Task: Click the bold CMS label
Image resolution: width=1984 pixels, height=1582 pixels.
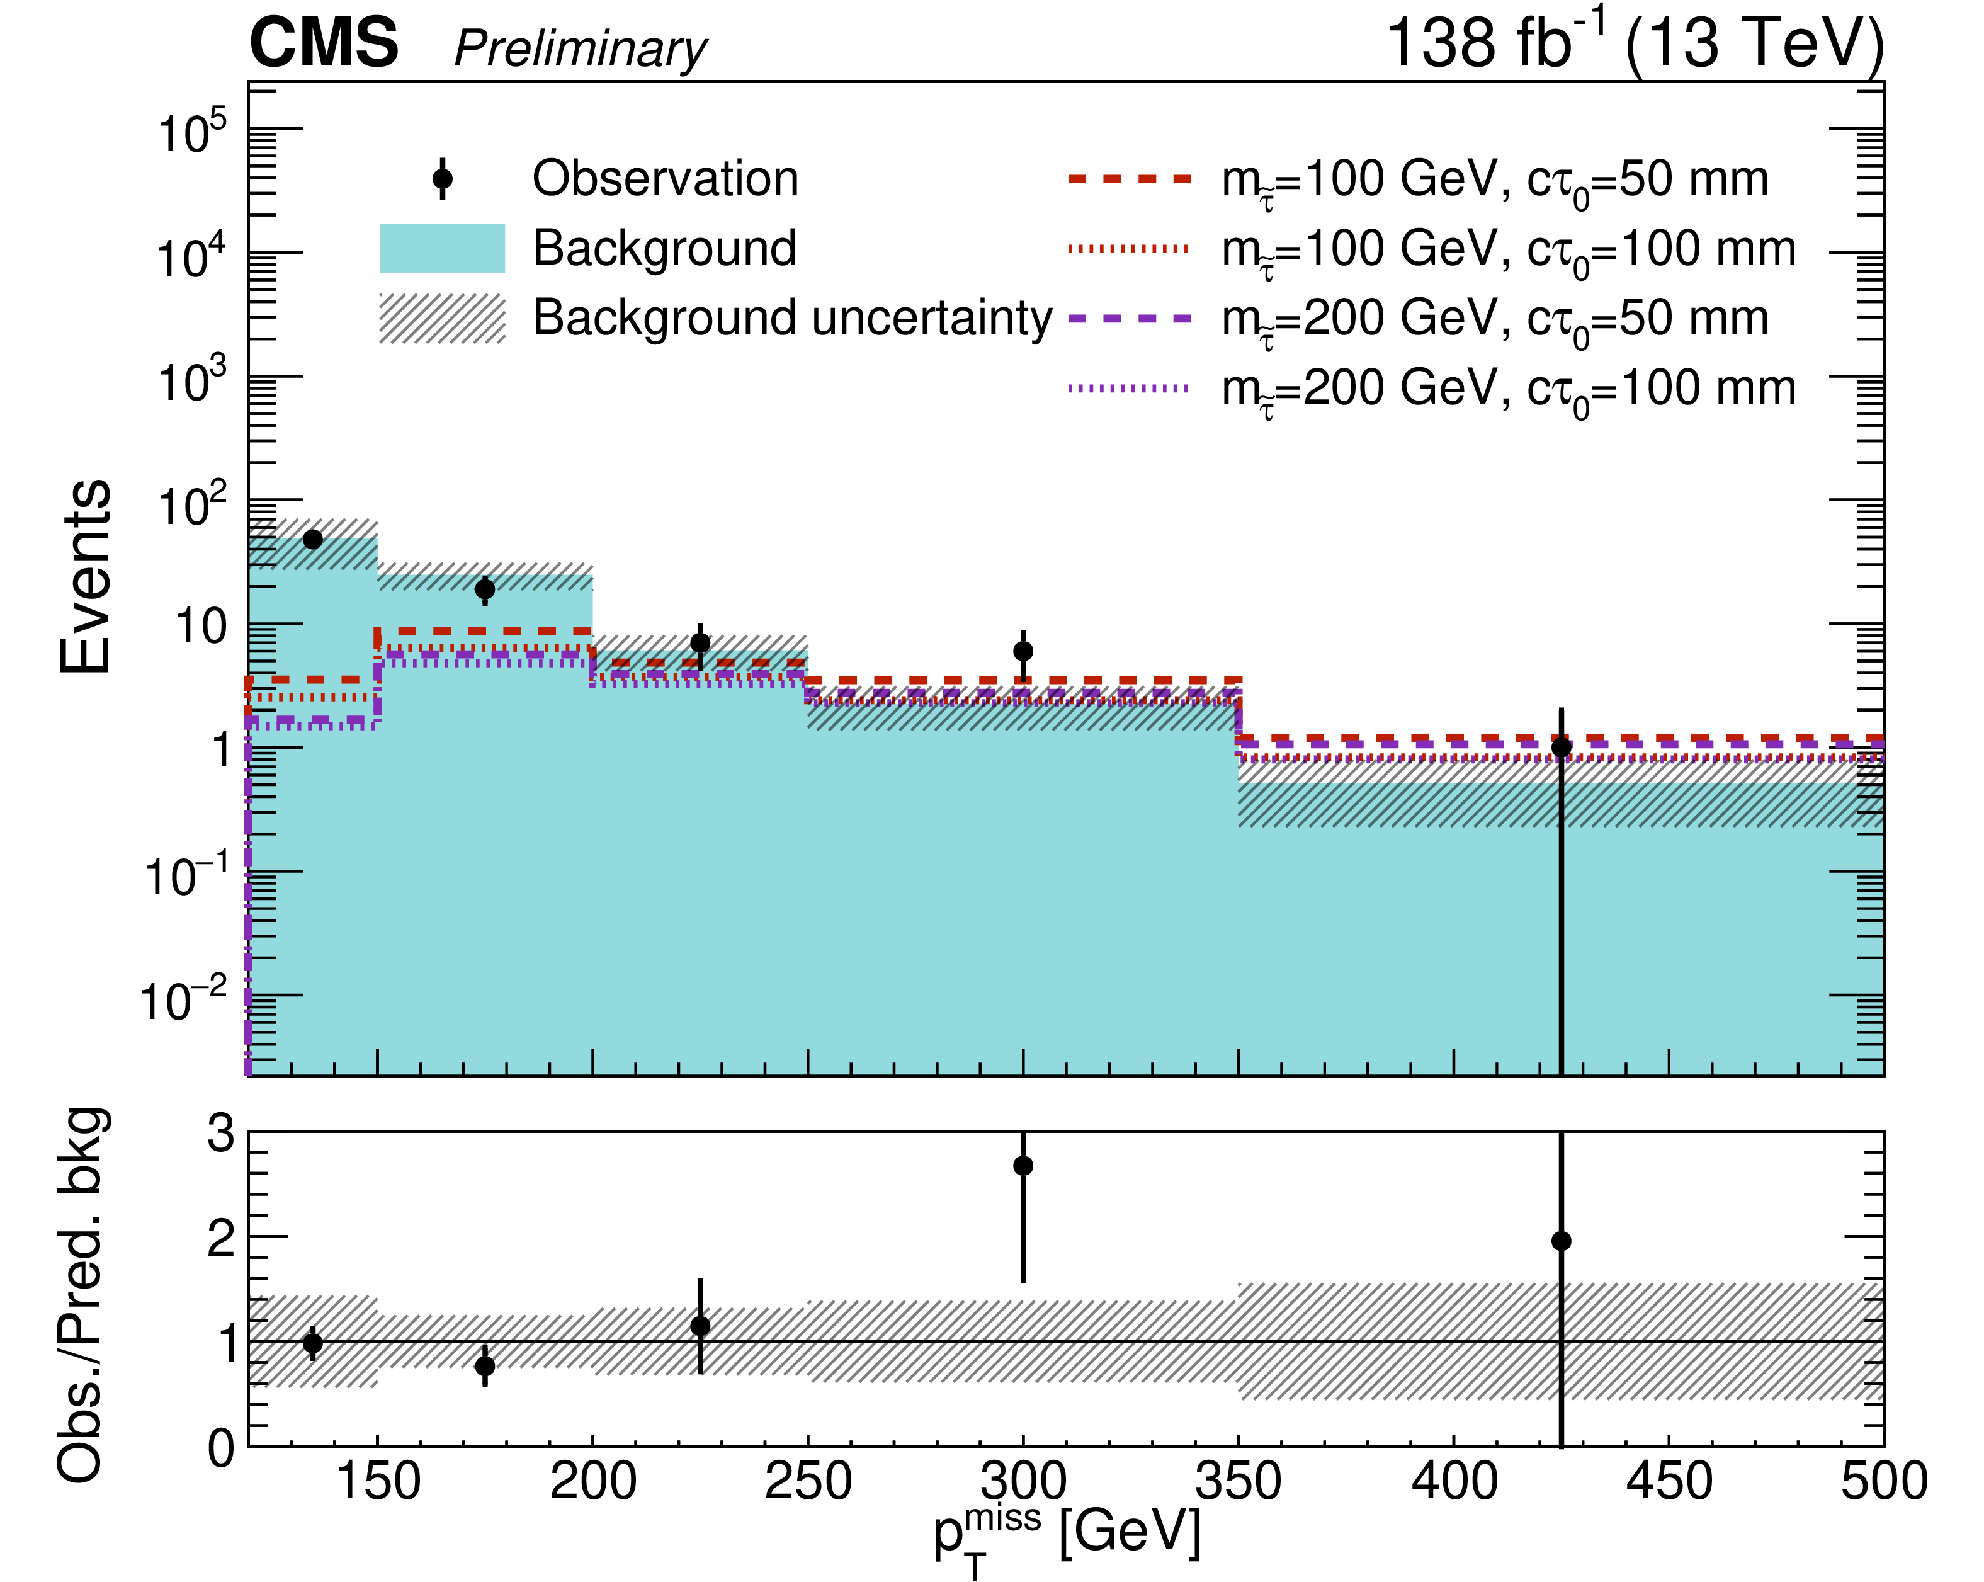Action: [324, 43]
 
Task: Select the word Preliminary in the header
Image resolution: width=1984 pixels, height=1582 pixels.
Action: [581, 48]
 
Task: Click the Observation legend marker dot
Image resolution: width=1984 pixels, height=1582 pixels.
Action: [443, 178]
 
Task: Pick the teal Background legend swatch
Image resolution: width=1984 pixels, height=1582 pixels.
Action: [443, 249]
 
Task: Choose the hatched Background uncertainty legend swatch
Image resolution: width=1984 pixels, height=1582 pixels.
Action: [443, 319]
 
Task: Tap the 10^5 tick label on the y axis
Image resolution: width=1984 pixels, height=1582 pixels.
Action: [191, 134]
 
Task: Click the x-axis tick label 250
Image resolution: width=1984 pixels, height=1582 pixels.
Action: [808, 1482]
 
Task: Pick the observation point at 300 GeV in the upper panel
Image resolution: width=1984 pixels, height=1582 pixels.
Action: [1023, 651]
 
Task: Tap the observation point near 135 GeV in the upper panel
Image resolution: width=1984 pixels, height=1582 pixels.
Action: [313, 539]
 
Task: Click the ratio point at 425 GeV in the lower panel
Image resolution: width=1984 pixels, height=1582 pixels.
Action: [1562, 1241]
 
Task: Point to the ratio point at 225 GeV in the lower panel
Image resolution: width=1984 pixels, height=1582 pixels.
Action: [700, 1326]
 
